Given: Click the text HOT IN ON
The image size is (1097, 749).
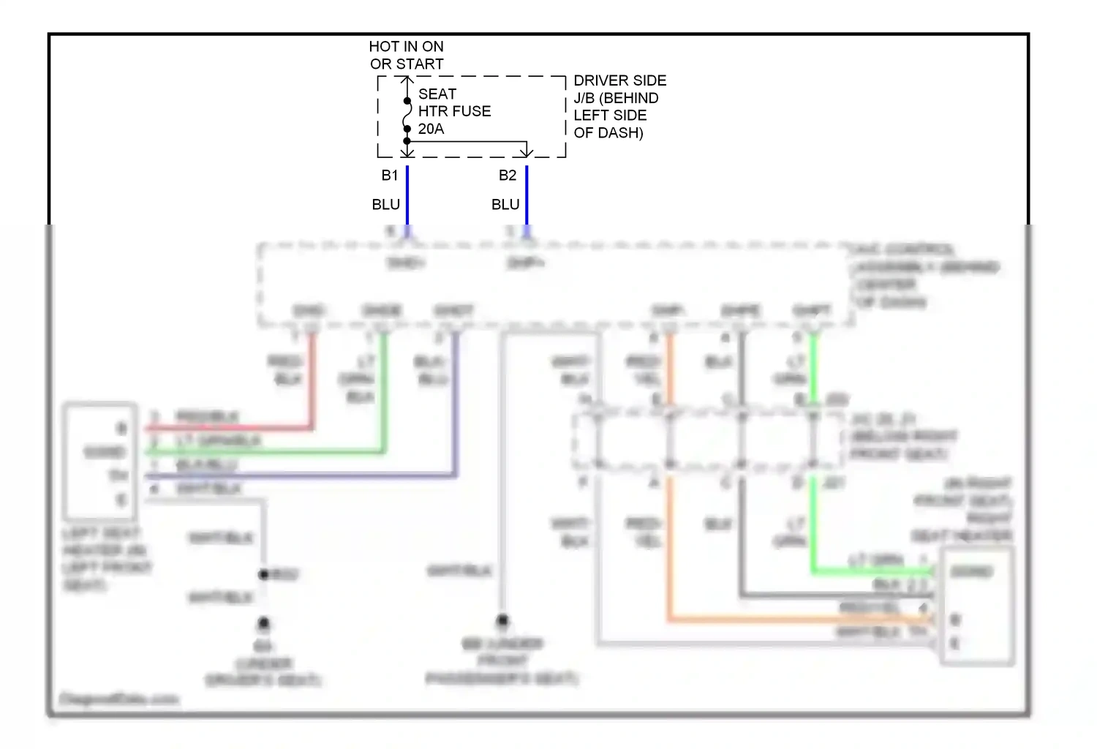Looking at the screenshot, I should point(406,47).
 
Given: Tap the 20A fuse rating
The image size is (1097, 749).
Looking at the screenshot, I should point(431,129).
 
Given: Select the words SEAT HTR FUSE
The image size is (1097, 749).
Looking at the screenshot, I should point(453,102).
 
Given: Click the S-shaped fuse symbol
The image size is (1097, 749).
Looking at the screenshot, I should point(407,115).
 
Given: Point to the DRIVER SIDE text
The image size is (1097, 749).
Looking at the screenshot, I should point(619,80).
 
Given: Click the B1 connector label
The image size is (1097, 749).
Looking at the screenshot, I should point(389,176).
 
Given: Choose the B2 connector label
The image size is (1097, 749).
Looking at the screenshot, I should point(508,176).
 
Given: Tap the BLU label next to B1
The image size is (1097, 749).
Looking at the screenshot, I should point(385,205).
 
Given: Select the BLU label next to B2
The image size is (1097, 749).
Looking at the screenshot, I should point(505,205).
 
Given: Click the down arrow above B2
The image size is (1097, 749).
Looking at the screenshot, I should point(527,151).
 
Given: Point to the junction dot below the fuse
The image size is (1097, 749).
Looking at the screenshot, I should point(407,141).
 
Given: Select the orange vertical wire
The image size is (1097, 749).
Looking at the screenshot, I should point(669,549).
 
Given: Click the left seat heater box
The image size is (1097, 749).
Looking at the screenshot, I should point(100,461).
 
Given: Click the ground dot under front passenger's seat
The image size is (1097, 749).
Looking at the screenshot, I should point(502,621).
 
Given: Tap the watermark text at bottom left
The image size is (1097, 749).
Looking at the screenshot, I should point(118,699).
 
